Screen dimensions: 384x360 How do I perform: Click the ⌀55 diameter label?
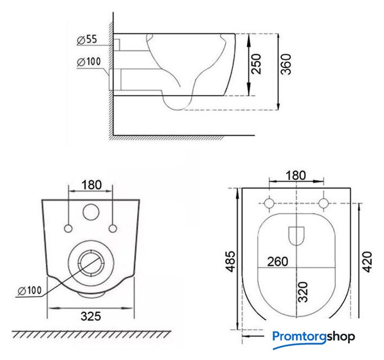point(87,40)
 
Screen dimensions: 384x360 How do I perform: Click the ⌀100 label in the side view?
point(89,62)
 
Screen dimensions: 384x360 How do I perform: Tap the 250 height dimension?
point(256,64)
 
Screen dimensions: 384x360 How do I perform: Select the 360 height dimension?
point(286,64)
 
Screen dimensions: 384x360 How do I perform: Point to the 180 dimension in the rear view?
point(92,185)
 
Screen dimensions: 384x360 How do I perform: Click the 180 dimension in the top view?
point(296,175)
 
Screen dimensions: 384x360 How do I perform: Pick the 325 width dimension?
point(91,316)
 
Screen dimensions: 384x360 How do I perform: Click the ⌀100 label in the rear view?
point(30,291)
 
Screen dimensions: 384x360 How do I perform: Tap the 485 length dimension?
point(231,262)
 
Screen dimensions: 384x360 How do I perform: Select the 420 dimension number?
point(367,262)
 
